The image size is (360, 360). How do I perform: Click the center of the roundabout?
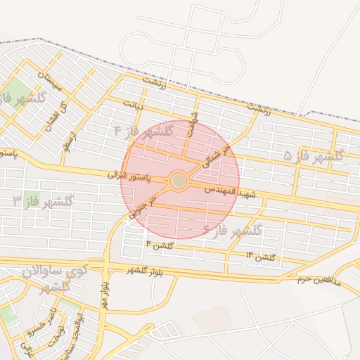click(179, 181)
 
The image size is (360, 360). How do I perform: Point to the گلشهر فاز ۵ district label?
click(313, 155)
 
